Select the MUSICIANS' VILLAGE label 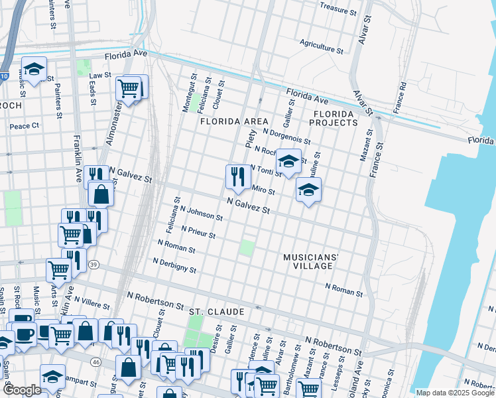coord(311,261)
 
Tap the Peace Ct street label coord(25,125)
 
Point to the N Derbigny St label coord(174,265)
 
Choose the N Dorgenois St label coord(286,135)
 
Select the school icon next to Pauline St coord(308,190)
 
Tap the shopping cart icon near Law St coord(129,88)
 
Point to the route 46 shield coord(95,362)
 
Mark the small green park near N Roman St coord(246,248)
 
